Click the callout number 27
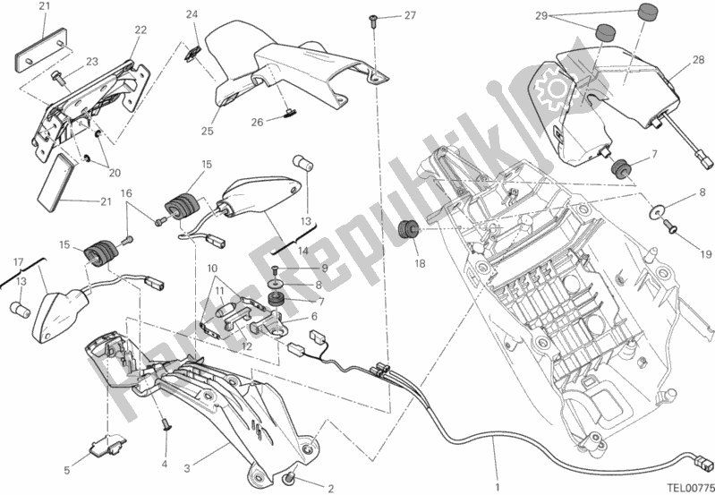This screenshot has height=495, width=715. click(x=410, y=15)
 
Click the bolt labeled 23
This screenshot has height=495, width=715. click(x=59, y=77)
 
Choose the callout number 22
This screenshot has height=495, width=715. click(x=140, y=30)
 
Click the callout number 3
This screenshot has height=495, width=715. click(x=187, y=442)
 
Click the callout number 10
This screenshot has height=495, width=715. click(x=211, y=268)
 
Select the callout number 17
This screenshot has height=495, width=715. click(x=17, y=261)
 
